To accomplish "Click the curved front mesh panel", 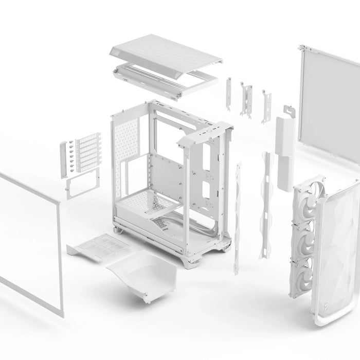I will tap(337, 257).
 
